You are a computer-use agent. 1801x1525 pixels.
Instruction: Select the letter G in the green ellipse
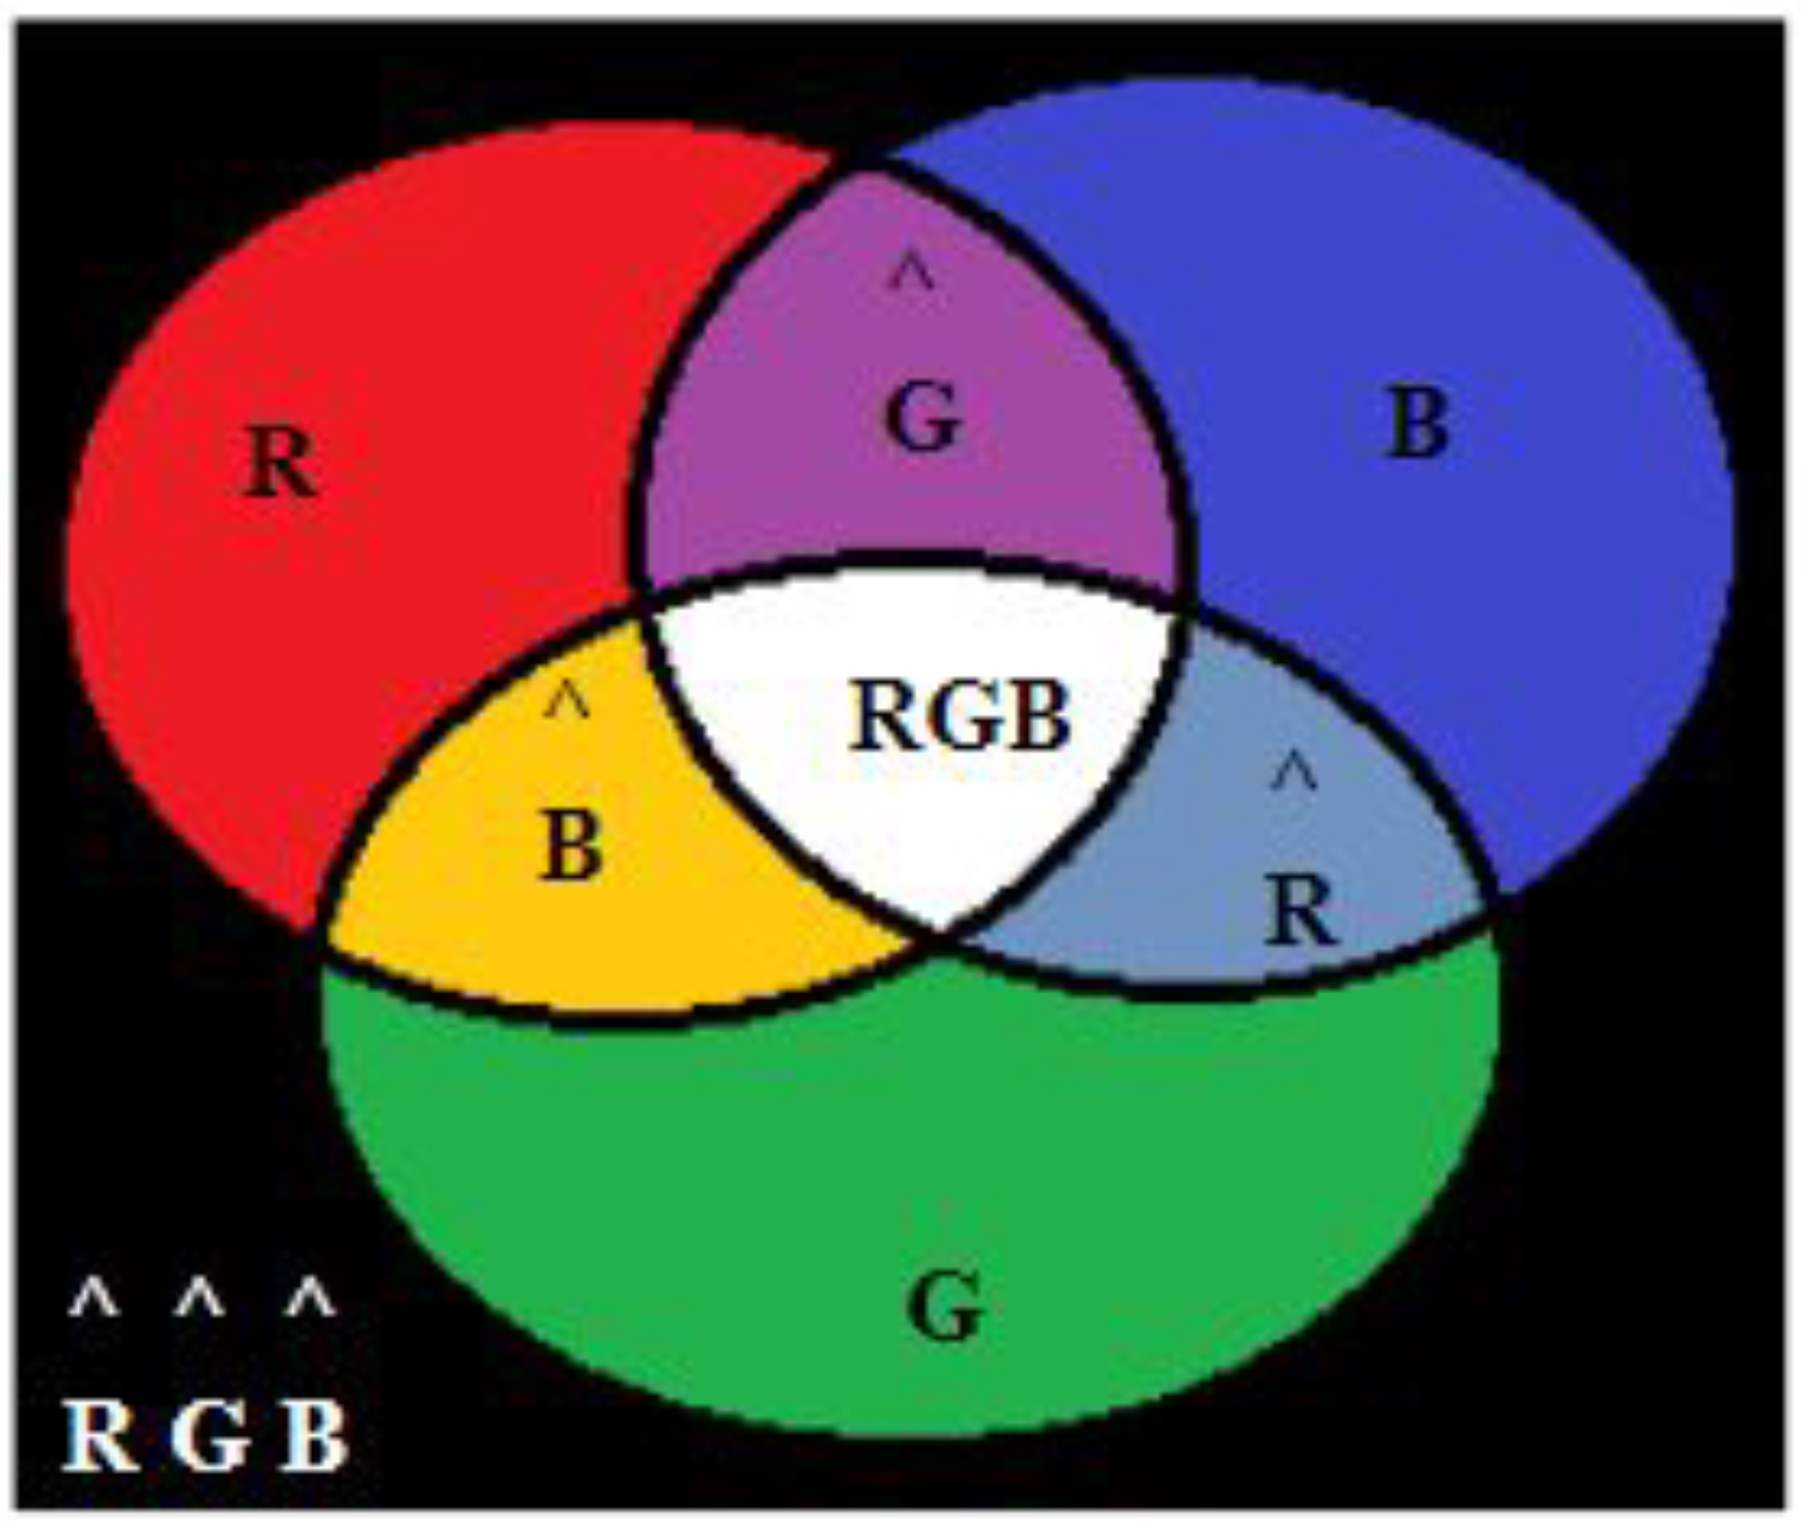944,1307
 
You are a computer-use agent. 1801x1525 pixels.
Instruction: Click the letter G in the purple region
923,418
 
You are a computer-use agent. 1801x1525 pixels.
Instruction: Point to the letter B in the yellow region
570,845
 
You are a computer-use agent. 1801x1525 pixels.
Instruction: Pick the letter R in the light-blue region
1299,910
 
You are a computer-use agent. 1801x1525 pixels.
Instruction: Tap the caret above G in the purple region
913,271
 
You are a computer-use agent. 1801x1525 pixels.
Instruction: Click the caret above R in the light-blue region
1295,771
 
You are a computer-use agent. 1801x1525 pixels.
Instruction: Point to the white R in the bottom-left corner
100,1435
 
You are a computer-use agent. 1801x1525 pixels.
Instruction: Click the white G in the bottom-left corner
209,1435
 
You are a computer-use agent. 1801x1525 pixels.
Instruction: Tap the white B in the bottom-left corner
314,1435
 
